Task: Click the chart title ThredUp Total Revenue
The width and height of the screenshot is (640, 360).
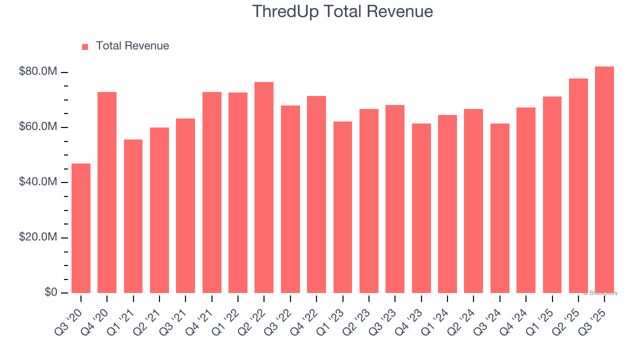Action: (342, 11)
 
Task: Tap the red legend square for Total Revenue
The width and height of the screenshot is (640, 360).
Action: (85, 46)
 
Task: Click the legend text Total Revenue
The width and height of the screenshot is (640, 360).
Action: (132, 46)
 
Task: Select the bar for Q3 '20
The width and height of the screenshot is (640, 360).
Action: (81, 228)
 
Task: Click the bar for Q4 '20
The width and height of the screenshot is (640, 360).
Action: (107, 192)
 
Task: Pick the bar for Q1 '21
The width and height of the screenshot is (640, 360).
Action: (133, 216)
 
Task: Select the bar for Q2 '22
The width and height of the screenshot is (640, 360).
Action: (264, 187)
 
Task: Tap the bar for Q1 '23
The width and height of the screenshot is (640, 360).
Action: (342, 207)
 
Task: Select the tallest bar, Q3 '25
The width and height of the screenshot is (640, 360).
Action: (604, 179)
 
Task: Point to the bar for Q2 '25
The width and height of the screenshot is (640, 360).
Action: (578, 185)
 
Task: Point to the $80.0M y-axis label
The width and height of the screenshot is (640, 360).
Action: (38, 72)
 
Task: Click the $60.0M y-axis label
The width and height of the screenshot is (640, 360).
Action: (38, 127)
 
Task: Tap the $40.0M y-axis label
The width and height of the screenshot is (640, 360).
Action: (38, 182)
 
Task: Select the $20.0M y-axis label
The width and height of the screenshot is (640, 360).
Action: (38, 237)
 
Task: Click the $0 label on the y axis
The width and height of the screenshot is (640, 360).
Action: (50, 292)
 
